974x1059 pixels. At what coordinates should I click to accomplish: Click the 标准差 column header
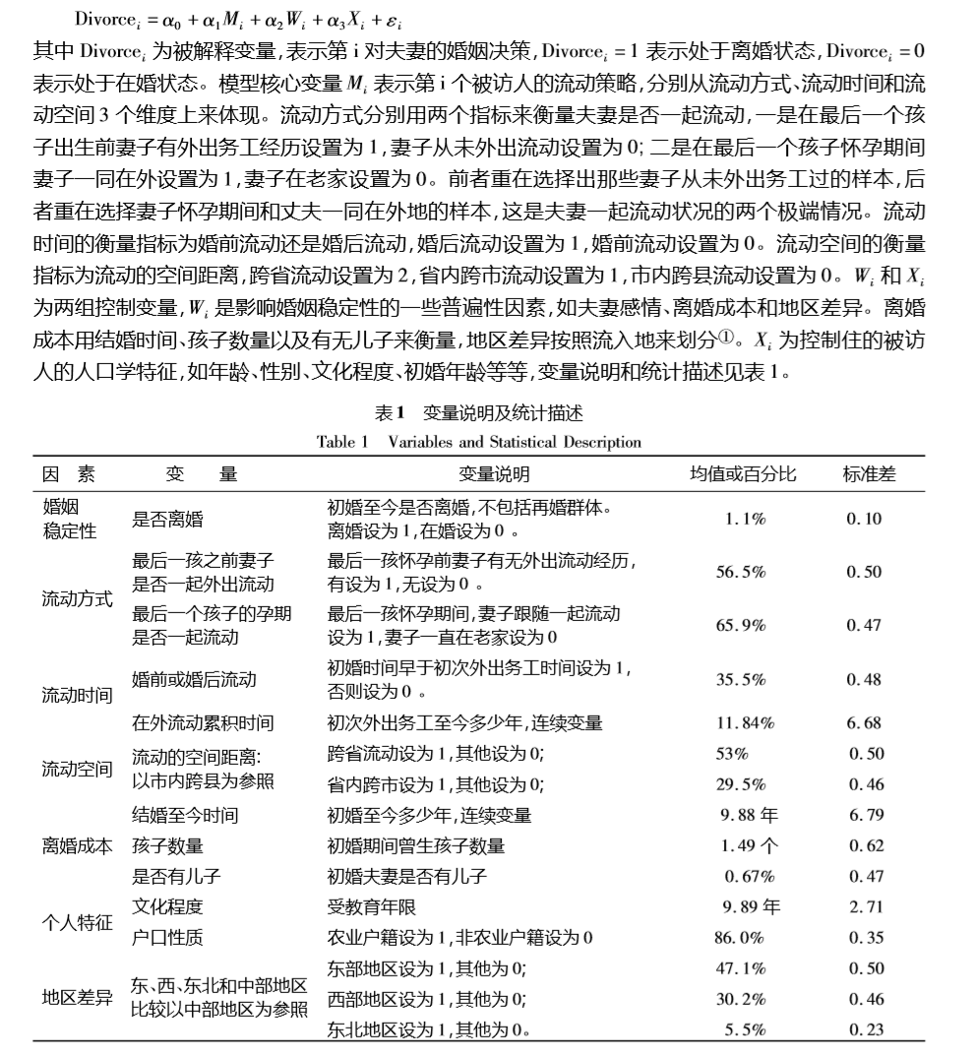click(869, 473)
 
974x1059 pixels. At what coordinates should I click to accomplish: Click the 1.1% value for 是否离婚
click(745, 519)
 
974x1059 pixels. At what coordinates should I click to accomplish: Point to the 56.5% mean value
click(740, 572)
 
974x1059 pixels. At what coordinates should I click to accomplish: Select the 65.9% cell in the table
click(740, 626)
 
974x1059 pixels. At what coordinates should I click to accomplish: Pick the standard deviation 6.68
click(864, 723)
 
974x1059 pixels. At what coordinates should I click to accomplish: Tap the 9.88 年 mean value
click(750, 815)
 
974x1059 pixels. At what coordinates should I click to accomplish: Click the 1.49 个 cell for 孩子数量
click(749, 845)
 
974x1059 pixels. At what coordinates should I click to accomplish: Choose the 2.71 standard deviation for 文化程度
click(866, 906)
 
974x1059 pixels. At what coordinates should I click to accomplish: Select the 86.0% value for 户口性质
click(739, 938)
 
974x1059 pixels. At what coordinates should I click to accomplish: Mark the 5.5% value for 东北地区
click(745, 1029)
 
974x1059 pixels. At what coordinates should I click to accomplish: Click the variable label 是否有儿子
click(168, 876)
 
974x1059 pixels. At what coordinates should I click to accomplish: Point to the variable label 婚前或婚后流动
click(195, 679)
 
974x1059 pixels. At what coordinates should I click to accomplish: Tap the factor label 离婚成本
click(77, 845)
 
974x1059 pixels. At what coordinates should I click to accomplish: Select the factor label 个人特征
click(77, 922)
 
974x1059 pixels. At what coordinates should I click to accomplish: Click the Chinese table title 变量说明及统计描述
click(503, 413)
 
